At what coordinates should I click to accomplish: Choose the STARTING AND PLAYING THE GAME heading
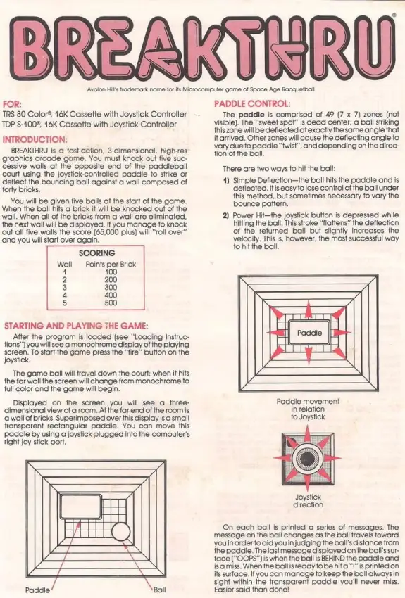pos(76,326)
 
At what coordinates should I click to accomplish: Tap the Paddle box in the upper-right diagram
pos(309,333)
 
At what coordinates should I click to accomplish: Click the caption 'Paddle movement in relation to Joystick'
pos(308,409)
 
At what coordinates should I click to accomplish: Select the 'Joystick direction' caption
pos(308,500)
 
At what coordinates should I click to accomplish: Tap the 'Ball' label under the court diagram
pos(160,590)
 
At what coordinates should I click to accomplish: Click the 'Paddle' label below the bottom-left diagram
pos(39,590)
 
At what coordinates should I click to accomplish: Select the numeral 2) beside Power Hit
pos(226,215)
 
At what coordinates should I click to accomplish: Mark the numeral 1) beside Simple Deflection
pos(226,180)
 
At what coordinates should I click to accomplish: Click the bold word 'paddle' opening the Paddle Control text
pos(251,114)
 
